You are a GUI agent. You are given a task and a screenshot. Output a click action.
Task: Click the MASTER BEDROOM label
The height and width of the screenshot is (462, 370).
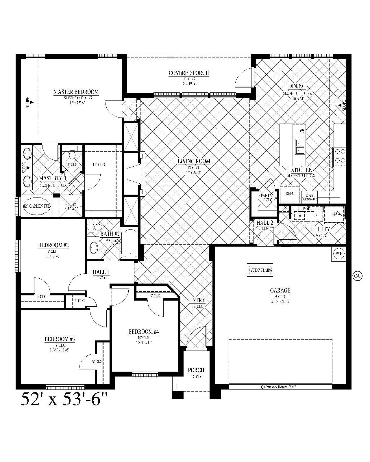[76, 92]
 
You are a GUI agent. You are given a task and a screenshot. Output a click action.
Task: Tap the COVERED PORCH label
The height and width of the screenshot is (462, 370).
[189, 73]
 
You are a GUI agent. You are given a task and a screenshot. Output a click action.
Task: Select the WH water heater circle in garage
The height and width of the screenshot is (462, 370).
[339, 254]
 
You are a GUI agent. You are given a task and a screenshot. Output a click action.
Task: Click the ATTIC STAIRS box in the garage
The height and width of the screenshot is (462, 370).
[260, 270]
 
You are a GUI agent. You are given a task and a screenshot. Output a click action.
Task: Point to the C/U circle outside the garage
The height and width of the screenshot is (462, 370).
[357, 276]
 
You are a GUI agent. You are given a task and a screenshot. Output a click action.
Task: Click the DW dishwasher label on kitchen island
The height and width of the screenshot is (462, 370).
[301, 131]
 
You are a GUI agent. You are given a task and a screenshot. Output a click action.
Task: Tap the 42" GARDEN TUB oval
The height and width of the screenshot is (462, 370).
[37, 206]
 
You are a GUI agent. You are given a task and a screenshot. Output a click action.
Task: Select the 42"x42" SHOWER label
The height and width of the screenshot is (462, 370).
[71, 206]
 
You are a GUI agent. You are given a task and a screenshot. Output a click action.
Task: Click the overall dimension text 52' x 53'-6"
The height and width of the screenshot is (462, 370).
[64, 399]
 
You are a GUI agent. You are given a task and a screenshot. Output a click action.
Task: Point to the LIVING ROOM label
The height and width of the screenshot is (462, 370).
[194, 161]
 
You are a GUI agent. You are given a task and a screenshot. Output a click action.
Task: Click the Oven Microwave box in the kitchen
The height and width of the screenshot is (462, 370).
[309, 197]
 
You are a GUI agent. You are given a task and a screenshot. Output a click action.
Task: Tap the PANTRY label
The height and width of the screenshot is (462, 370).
[267, 196]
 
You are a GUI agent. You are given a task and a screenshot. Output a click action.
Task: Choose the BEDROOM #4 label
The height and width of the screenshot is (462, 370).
[144, 332]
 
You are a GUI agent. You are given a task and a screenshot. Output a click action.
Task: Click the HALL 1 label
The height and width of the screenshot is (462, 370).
[101, 272]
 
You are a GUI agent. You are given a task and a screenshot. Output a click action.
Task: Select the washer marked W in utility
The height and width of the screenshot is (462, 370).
[300, 215]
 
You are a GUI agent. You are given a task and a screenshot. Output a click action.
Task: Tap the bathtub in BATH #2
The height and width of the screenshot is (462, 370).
[130, 244]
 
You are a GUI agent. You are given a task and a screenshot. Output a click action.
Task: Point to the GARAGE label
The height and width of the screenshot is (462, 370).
[280, 290]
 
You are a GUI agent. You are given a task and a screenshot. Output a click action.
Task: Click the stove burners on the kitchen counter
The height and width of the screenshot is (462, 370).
[340, 156]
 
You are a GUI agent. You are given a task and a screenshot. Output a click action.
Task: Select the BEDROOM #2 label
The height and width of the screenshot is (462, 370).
[53, 245]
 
